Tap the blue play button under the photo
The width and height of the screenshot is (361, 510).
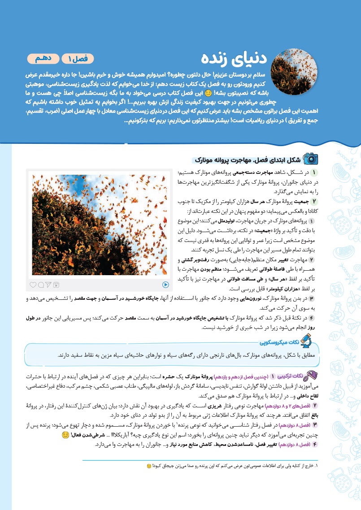165,284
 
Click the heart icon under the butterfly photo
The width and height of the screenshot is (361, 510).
33,285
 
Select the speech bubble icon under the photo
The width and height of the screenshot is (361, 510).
41,285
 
